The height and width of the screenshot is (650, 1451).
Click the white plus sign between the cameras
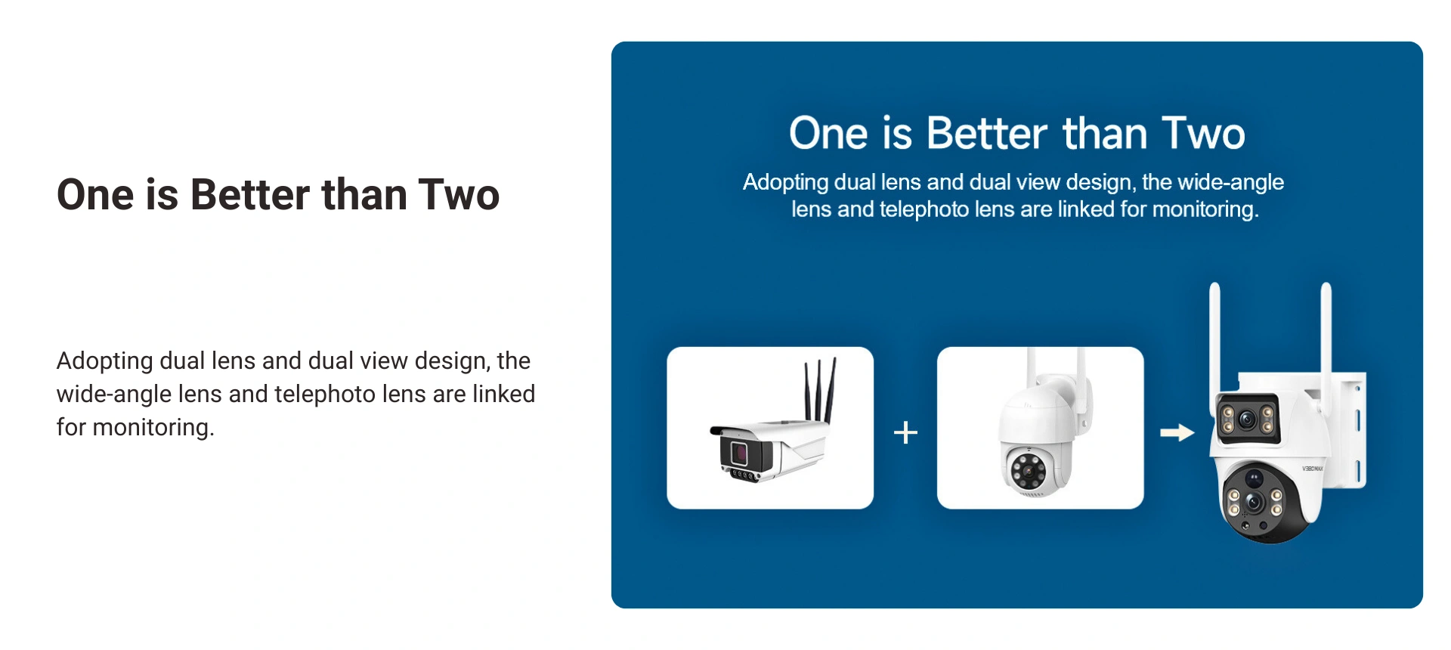click(x=905, y=432)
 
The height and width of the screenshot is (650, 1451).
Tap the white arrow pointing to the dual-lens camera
click(x=1177, y=432)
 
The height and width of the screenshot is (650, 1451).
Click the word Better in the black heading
click(x=250, y=195)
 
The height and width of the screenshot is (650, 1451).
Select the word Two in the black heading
click(x=459, y=195)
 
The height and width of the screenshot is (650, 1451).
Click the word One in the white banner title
click(x=828, y=133)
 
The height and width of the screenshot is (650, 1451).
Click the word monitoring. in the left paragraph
click(x=153, y=428)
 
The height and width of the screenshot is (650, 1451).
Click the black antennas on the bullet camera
click(x=820, y=389)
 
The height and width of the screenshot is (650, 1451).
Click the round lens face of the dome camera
click(x=1029, y=472)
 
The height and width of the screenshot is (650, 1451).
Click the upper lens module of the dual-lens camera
click(x=1248, y=417)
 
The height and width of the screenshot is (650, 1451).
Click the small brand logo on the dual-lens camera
click(x=1312, y=469)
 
